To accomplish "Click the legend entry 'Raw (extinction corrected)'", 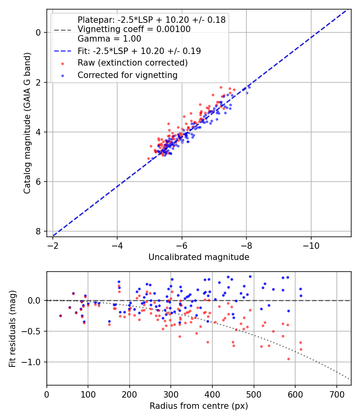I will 132,63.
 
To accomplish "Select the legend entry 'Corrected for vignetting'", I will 127,75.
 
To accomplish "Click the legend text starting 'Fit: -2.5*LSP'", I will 139,51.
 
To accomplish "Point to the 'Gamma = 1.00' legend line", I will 109,39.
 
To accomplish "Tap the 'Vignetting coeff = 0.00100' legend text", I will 134,29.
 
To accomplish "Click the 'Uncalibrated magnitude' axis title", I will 199,257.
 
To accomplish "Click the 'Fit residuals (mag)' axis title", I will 12,328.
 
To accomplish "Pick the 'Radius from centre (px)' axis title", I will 199,406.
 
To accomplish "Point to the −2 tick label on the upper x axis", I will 53,245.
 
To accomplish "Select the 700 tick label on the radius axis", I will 336,394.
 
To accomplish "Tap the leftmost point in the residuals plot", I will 60,316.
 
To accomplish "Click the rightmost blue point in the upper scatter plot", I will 249,87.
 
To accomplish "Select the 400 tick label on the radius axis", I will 212,394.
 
